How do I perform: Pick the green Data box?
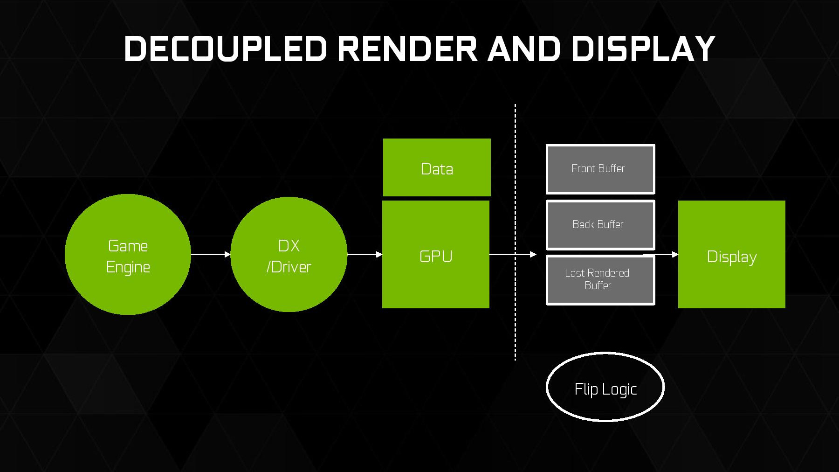coord(437,167)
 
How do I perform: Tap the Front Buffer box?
coord(600,169)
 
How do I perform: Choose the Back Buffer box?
coord(600,225)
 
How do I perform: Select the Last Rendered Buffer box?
coord(600,280)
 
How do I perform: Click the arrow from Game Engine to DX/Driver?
coord(211,254)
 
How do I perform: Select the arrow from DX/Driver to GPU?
coord(364,254)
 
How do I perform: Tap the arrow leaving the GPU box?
coord(513,254)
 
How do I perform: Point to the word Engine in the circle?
coord(128,267)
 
